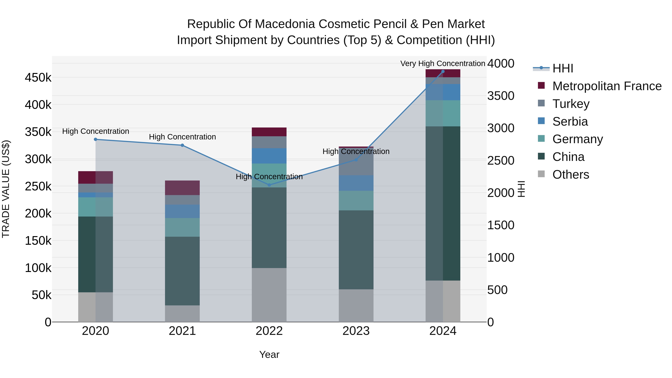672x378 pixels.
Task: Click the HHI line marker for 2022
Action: tap(269, 185)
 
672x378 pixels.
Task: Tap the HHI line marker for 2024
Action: tap(443, 71)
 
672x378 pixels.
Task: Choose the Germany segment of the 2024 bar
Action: tap(443, 113)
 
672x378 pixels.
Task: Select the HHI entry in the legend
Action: tap(562, 68)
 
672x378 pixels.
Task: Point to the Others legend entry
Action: tap(570, 175)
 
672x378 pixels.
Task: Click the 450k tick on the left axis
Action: tap(38, 78)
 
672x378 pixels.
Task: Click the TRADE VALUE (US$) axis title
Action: tap(6, 189)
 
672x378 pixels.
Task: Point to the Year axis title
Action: tap(269, 354)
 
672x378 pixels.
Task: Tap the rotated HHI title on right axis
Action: tap(521, 189)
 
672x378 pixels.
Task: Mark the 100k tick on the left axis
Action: tap(38, 268)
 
